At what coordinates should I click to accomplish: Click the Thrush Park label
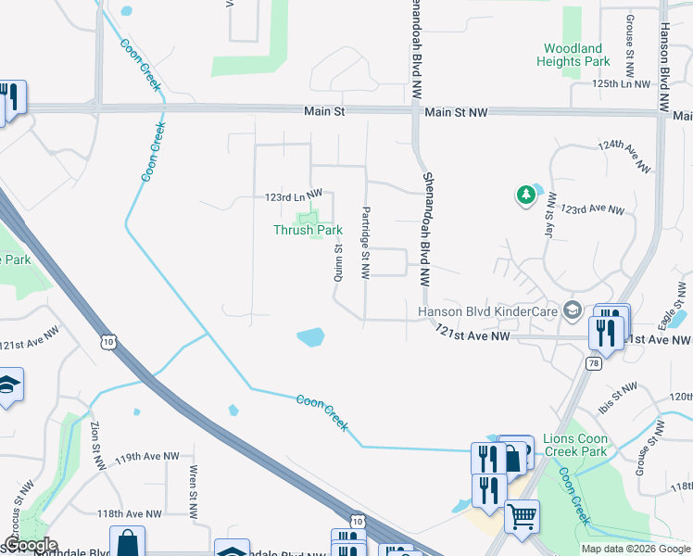pos(308,230)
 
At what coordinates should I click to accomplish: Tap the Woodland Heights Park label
pos(573,55)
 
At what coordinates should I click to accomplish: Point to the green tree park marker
pos(525,195)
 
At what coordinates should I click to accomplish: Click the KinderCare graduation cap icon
pos(572,310)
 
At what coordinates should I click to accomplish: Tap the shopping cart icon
pos(522,516)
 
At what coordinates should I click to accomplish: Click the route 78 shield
pos(592,364)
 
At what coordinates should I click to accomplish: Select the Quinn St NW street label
pos(338,262)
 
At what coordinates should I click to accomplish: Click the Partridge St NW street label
pos(367,243)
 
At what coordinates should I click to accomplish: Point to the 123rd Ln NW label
pos(293,196)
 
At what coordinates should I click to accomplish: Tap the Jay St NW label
pos(550,216)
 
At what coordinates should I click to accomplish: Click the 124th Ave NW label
pos(624,158)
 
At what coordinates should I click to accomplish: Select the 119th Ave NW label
pos(147,457)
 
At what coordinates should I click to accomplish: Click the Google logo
pos(30,546)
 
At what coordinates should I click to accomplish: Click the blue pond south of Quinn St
pos(310,337)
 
